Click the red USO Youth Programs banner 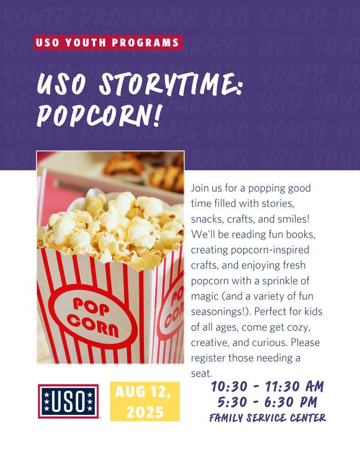pos(108,43)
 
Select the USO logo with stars pos(68,401)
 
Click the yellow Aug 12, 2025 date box pos(145,401)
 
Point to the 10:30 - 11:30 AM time pos(267,386)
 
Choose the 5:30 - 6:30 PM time pos(267,402)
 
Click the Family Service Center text pos(268,417)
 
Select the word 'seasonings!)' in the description pos(221,312)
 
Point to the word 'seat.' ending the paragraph pos(202,373)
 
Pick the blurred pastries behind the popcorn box pos(144,171)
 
